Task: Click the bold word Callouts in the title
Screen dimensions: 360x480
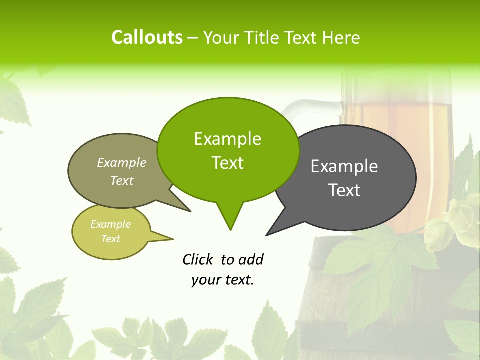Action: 147,37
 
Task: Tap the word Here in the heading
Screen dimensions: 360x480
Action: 341,38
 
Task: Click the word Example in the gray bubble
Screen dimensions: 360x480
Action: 344,166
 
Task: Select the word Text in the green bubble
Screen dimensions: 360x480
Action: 228,163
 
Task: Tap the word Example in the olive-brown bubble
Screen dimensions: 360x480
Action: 122,162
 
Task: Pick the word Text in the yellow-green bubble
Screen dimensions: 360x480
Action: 111,239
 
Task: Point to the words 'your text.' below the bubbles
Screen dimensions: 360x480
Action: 223,280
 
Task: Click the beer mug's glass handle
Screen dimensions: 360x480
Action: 305,106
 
